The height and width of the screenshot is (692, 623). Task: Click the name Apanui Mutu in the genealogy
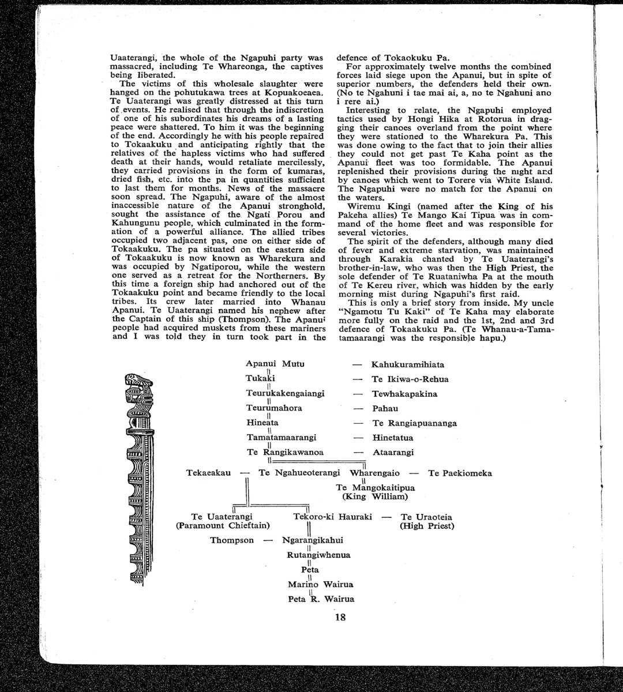point(275,364)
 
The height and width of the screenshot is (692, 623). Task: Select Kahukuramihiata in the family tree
point(407,365)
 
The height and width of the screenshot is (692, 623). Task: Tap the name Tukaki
point(260,378)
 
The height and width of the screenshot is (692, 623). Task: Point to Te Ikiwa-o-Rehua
point(410,379)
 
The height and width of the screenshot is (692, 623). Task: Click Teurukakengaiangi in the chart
point(285,393)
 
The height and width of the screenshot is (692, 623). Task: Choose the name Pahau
point(385,409)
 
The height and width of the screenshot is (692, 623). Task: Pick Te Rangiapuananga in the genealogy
point(414,423)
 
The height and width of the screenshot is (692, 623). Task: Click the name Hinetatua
point(392,438)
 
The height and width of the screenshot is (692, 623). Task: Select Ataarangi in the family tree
point(393,453)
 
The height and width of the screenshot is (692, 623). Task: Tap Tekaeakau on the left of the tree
point(208,473)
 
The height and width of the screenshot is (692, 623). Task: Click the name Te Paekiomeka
point(460,473)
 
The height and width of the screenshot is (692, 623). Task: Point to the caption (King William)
point(374,497)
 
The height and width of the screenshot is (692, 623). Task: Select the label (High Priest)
point(426,526)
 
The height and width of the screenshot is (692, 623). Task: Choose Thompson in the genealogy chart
point(231,540)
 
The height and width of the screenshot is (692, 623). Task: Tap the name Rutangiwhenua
point(318,555)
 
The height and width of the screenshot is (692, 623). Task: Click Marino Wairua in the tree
point(320,584)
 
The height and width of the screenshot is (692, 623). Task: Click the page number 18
point(340,617)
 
